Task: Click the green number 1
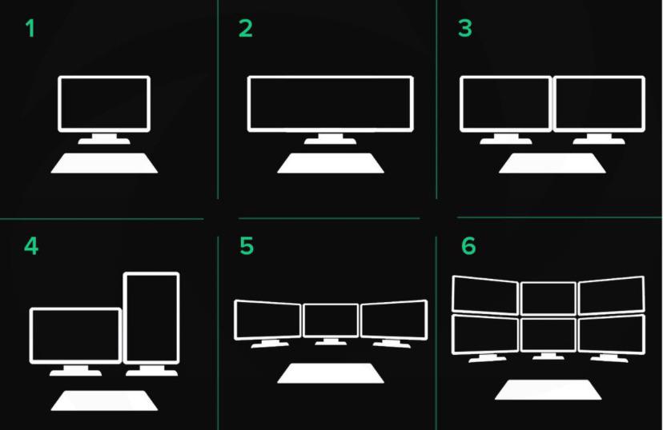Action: [x=30, y=30]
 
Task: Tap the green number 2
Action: [x=246, y=29]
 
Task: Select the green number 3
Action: [x=465, y=29]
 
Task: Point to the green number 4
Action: [x=30, y=246]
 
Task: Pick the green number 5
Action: [x=247, y=246]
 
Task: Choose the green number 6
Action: [x=468, y=246]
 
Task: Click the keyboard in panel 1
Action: [x=104, y=163]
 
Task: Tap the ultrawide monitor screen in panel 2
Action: [x=330, y=103]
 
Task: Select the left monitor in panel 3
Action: [x=505, y=103]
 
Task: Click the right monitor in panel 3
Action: [x=599, y=103]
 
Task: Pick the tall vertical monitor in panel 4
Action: [x=151, y=317]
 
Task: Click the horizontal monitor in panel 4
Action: [x=75, y=335]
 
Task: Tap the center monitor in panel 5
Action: [x=331, y=320]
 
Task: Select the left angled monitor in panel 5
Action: [x=267, y=320]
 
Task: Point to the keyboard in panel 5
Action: [x=331, y=373]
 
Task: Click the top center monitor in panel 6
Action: [x=548, y=298]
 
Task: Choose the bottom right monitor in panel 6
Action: [x=611, y=334]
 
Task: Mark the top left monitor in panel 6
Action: [x=484, y=293]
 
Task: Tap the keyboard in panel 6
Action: [x=548, y=389]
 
